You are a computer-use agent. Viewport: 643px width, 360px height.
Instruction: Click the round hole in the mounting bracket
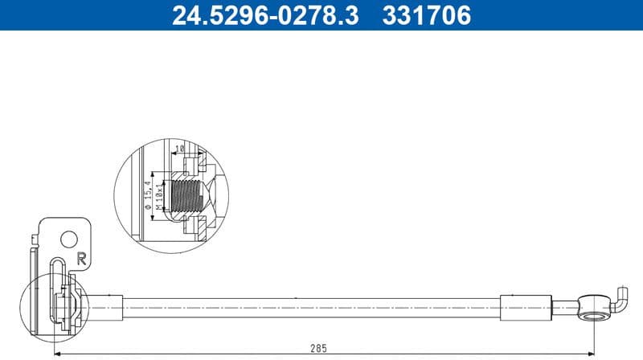pos(70,239)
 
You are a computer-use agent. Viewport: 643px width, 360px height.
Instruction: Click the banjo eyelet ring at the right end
pos(595,307)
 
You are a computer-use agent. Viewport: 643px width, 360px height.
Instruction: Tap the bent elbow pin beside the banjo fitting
pos(620,299)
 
